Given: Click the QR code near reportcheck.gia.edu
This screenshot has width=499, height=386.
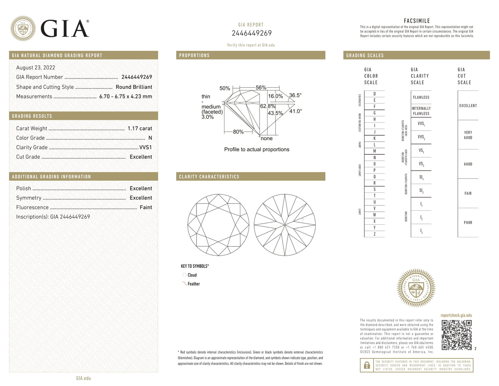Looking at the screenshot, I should coord(457,335).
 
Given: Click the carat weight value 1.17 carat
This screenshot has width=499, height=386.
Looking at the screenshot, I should coord(140,129).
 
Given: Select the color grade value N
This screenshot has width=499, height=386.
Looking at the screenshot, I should coord(150,138).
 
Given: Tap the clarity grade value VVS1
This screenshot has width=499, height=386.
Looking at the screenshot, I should coord(145,147).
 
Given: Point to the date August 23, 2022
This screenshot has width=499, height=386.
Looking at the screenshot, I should coord(36,68).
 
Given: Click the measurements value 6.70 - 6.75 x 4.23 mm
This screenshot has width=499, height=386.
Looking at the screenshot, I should coord(125,96).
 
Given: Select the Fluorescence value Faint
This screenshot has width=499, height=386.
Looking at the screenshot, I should coord(146,207).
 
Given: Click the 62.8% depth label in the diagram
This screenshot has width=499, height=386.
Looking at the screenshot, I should coord(267,106).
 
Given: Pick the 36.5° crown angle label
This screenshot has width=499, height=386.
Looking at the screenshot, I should coord(295,95).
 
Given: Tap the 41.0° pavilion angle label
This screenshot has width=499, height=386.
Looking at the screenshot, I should coord(296,111).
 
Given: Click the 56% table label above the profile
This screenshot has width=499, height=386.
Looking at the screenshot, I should coord(261,88).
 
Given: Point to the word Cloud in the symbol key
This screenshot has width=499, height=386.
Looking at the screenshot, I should coord(192,275).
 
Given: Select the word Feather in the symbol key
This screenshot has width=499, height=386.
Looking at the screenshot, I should coord(194,284).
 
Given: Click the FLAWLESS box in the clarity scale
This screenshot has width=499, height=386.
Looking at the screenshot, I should coord(421,97).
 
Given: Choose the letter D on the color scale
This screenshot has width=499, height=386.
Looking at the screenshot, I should coord(374,94).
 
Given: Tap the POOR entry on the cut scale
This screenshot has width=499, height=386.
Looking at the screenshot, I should coord(468,223).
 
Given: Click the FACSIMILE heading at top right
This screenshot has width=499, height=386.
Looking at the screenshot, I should coord(417,21).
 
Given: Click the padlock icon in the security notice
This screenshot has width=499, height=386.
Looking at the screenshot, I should coord(367,365).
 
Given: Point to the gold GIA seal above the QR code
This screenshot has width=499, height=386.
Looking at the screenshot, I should coord(416,288).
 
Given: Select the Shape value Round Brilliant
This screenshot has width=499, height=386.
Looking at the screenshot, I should coord(134,87).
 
